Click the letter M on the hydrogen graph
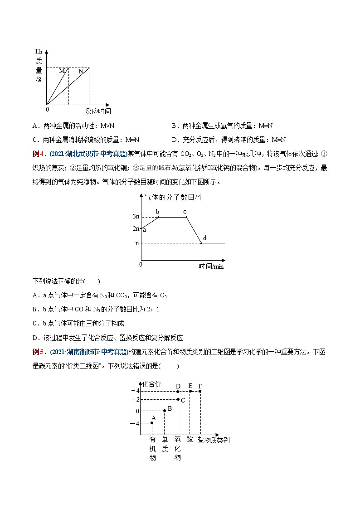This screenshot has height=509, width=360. [x=62, y=71]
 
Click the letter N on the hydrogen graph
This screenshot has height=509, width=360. [x=81, y=71]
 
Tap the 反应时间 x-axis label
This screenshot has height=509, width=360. [x=98, y=111]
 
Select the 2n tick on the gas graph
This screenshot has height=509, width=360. [x=136, y=228]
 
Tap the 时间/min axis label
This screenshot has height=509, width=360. [x=211, y=266]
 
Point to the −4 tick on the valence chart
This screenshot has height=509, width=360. [x=135, y=423]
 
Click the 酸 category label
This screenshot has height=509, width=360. [x=190, y=440]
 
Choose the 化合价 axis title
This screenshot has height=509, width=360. [x=151, y=383]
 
